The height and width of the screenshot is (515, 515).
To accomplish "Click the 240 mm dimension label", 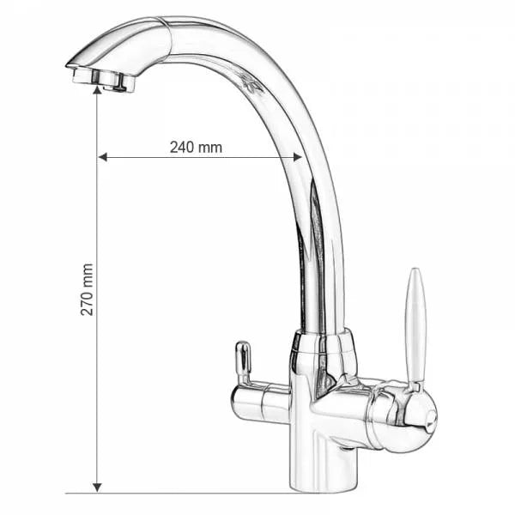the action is point(196,148).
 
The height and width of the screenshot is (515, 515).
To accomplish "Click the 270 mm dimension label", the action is point(87,289).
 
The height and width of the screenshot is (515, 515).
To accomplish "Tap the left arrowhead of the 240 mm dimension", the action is point(103,157).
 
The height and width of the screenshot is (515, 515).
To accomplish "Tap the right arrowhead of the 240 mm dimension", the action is point(297,157).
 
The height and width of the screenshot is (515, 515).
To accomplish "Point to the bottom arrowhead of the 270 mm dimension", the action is point(97,488).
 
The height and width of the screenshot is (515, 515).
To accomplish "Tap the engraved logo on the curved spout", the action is point(251,84).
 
